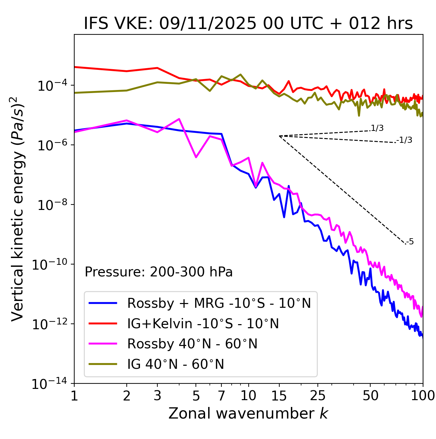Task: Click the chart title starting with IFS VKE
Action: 248,24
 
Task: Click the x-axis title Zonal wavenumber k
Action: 248,413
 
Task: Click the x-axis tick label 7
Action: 221,396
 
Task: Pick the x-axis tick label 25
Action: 317,396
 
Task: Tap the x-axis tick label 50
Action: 370,396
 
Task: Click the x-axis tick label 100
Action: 422,396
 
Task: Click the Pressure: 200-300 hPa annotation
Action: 159,272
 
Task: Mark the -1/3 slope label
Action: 404,140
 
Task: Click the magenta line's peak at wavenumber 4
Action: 179,119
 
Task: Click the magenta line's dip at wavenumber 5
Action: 196,157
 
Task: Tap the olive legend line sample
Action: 103,364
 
